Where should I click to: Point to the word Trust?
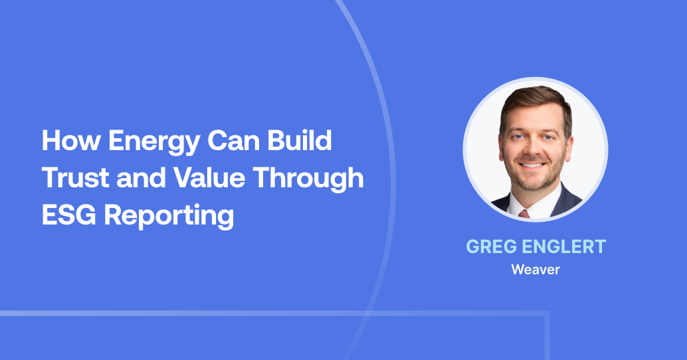click(x=72, y=179)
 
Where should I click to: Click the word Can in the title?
click(x=236, y=141)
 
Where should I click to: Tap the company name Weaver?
click(x=535, y=270)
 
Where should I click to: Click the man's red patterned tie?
click(x=524, y=214)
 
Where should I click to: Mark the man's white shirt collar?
click(x=513, y=206)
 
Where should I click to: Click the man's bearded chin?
click(x=533, y=181)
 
